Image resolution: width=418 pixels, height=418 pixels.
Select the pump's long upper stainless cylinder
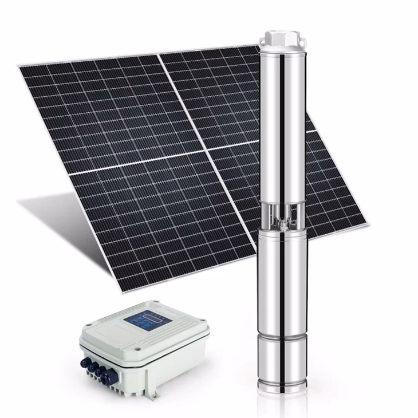click(280, 126)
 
